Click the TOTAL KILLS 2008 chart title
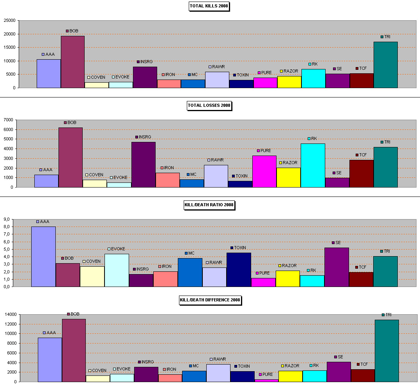209,6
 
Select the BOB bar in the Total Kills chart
73,62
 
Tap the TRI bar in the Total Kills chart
386,65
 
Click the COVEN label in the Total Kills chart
98,77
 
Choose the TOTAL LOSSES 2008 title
209,105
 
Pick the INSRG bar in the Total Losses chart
144,165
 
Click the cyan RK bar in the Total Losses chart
313,165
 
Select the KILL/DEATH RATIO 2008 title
209,205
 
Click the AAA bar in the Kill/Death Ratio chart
43,257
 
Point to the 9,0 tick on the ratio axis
8,220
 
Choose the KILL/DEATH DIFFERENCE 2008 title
210,300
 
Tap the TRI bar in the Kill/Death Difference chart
387,351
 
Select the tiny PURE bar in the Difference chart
266,380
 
